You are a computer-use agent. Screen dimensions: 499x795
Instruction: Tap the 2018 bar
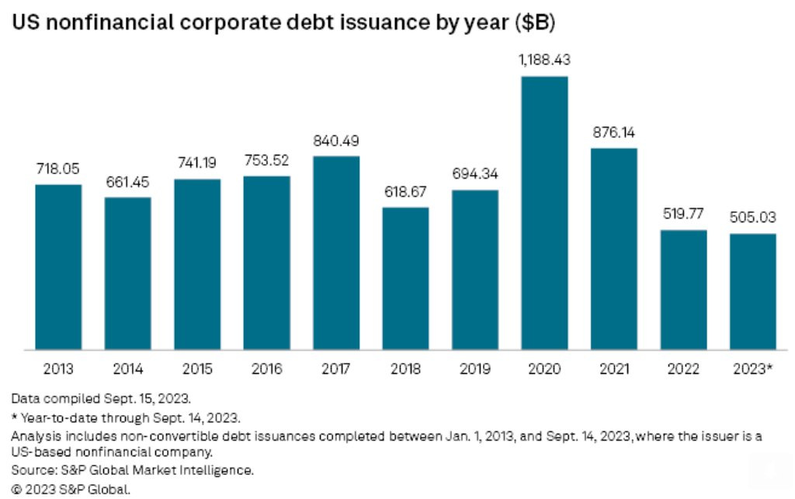(405, 278)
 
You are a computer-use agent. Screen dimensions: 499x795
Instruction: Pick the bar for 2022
(683, 289)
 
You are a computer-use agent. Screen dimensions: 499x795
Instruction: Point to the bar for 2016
(266, 263)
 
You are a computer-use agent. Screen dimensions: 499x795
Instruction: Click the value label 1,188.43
(544, 60)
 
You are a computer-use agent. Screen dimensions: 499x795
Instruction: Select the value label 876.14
(613, 133)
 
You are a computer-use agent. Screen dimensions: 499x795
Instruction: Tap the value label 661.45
(128, 182)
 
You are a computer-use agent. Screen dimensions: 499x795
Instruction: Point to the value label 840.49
(336, 141)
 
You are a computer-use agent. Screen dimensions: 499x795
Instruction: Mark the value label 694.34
(475, 175)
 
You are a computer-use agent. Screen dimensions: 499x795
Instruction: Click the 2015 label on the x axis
(197, 368)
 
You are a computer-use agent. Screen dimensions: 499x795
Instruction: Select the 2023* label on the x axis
(753, 368)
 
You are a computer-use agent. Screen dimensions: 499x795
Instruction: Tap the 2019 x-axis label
(475, 368)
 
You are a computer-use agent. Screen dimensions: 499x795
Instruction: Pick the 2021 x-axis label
(613, 368)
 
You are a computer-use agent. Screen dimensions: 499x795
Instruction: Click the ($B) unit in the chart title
(534, 23)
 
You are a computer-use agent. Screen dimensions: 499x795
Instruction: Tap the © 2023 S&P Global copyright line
(71, 489)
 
